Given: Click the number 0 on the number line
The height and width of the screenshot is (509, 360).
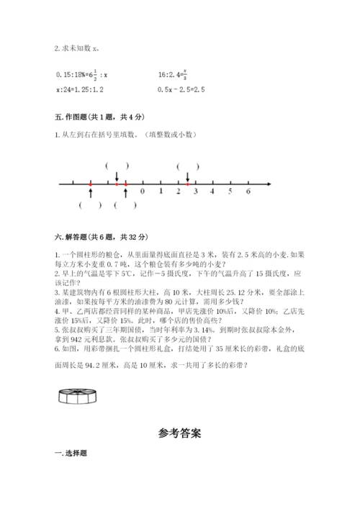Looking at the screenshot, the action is (x=143, y=192).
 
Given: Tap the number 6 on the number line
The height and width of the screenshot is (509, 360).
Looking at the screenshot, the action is (x=248, y=192).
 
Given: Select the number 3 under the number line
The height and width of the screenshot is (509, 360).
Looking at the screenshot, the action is (x=195, y=192).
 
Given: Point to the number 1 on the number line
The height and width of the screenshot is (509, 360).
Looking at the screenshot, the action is (x=160, y=192).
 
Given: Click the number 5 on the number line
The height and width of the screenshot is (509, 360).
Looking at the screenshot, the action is (x=230, y=192).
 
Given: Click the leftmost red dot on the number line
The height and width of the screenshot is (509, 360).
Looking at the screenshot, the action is (x=90, y=184).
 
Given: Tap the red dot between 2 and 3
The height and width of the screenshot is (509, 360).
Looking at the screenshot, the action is (x=187, y=184).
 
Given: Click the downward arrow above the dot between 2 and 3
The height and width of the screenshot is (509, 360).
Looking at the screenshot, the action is (x=187, y=176).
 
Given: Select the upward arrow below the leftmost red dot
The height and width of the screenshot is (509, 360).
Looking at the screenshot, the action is (x=90, y=192).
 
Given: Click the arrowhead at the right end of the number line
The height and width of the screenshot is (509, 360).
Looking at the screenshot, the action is (x=268, y=184).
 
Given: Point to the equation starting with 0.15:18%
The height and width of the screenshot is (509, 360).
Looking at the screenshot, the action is (x=81, y=73).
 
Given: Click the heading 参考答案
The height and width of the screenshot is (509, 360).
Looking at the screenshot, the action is (x=179, y=433).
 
